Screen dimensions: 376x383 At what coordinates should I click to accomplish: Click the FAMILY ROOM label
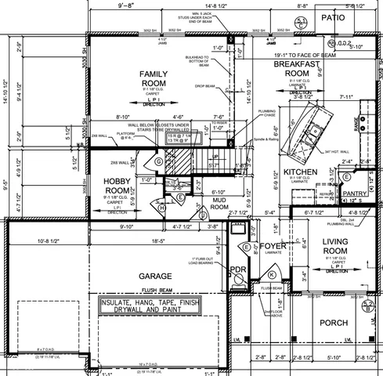click(155, 78)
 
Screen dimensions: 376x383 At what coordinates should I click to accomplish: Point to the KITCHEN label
click(299, 171)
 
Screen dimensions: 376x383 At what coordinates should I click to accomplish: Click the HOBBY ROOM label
click(122, 186)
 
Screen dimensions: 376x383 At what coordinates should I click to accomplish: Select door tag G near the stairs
click(159, 161)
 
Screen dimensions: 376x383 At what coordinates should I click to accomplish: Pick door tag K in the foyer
click(271, 274)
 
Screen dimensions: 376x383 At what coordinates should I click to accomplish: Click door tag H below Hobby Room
click(161, 208)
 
